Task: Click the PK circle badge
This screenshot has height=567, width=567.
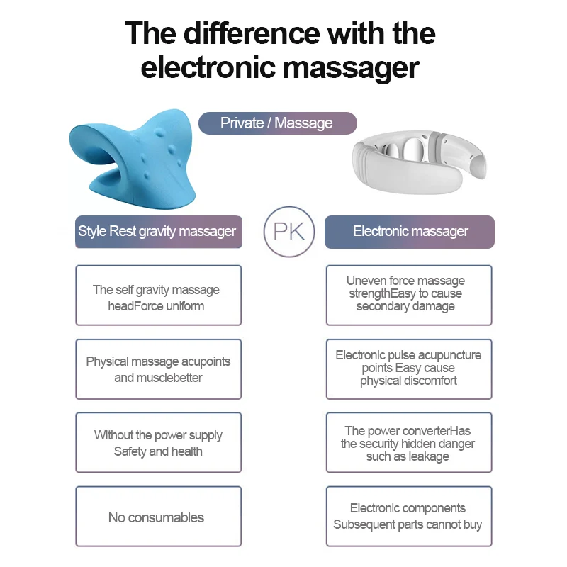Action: click(x=288, y=232)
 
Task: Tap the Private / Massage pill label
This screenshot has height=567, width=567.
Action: click(x=276, y=123)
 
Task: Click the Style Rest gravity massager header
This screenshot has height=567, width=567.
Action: click(x=158, y=232)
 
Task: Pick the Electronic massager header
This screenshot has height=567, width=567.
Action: click(x=410, y=232)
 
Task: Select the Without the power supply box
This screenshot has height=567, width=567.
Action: click(x=158, y=443)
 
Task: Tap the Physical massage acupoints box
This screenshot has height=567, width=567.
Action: click(x=158, y=369)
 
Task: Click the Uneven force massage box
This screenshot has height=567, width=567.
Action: click(x=409, y=294)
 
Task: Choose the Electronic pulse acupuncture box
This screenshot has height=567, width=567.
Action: click(x=409, y=369)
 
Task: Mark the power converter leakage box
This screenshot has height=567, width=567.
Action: click(x=409, y=443)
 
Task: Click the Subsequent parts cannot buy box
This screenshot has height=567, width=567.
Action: click(x=409, y=517)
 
